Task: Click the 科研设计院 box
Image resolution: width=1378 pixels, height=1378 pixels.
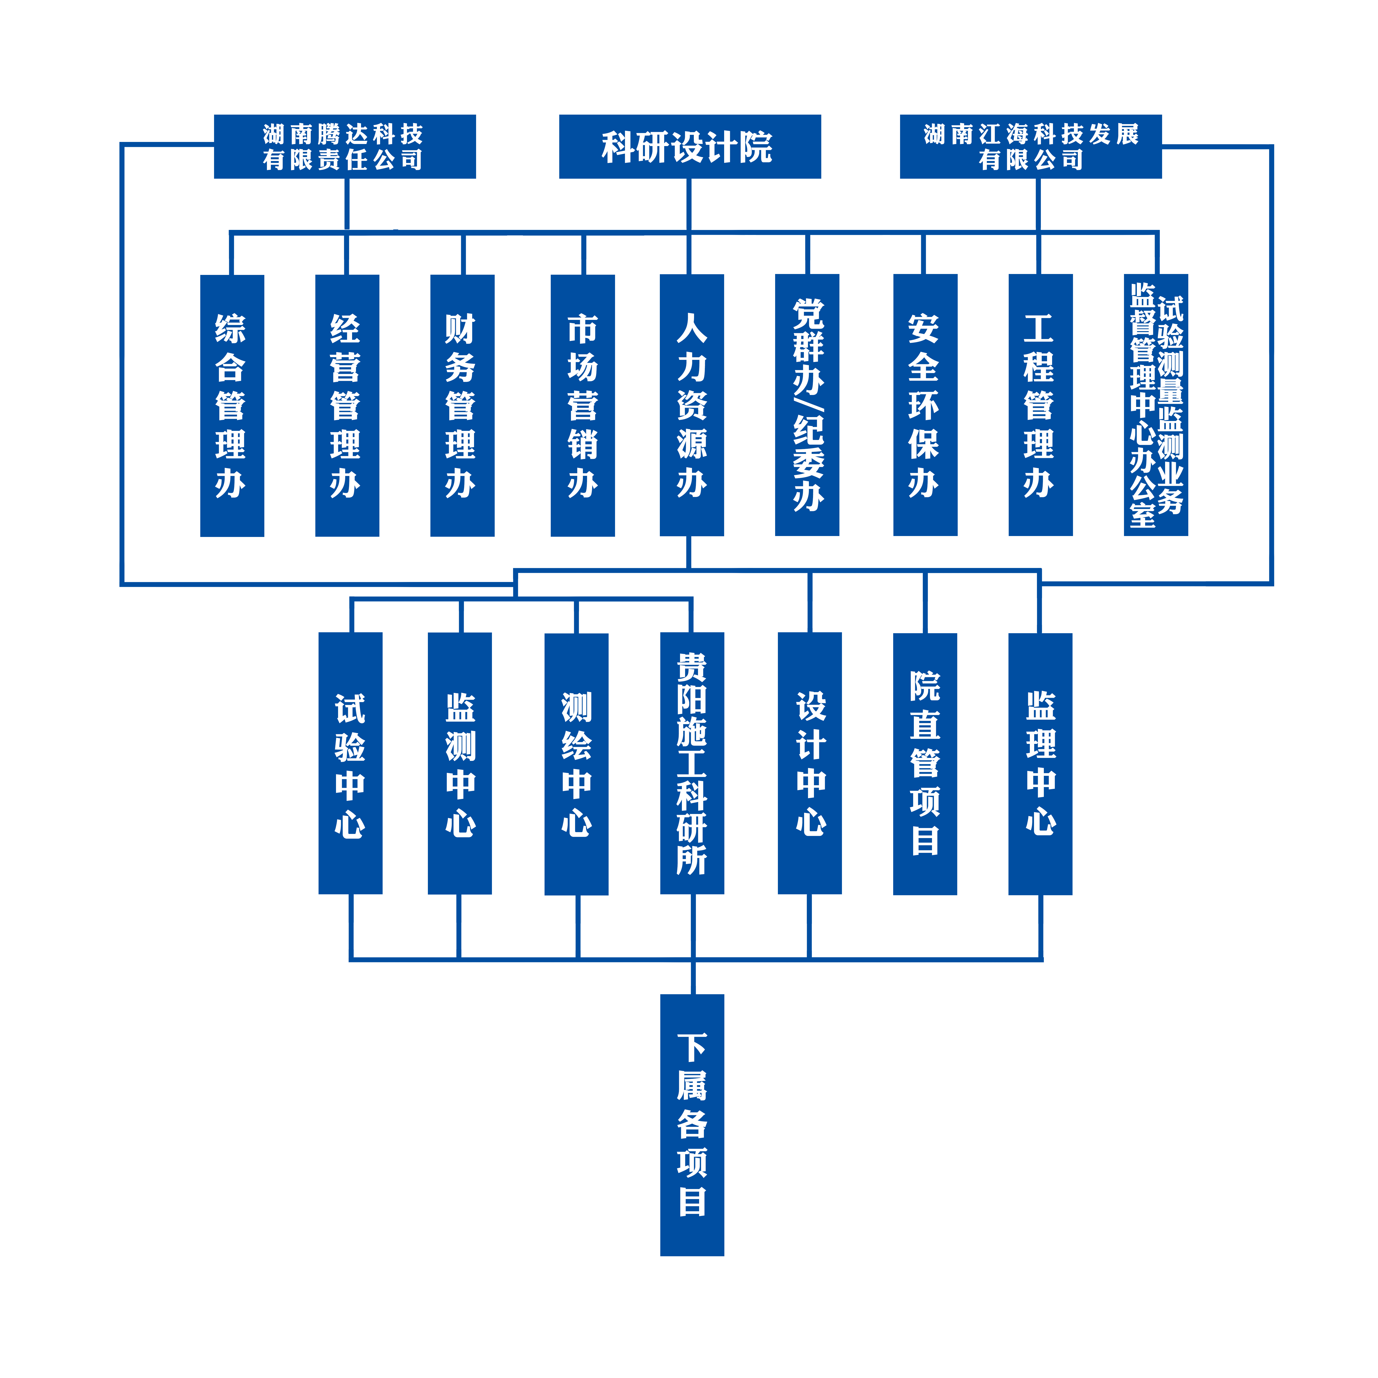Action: coord(690,146)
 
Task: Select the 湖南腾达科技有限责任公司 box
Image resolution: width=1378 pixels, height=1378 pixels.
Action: coord(344,146)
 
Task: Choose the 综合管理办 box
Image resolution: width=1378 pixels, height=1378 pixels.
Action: coord(232,405)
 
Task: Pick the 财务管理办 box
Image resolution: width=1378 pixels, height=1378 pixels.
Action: coord(462,405)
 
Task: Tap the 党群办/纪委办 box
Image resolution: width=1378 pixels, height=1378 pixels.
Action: coord(807,405)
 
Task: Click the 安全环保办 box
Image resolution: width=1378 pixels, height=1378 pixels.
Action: coord(925,405)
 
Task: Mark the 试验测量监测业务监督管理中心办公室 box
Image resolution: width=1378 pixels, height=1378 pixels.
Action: coord(1155,405)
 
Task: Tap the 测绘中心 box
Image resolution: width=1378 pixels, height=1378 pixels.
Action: coord(576,763)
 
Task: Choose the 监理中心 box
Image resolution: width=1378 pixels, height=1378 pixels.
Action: coord(1040,763)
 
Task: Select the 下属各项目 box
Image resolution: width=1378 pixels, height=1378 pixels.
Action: coord(692,1125)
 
